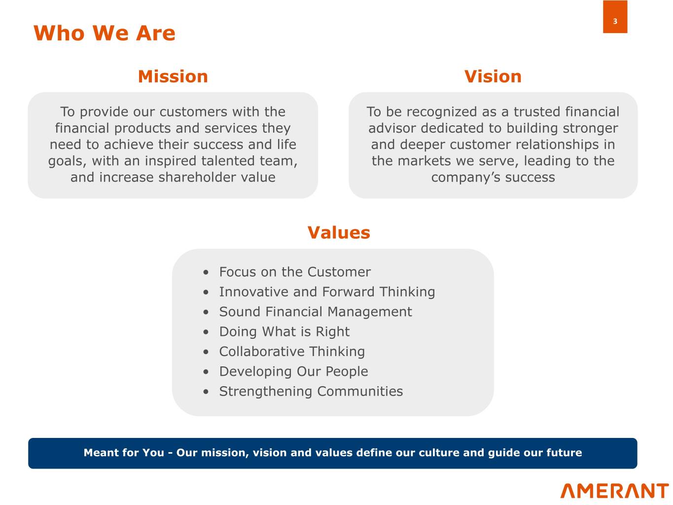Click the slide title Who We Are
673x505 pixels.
click(x=104, y=33)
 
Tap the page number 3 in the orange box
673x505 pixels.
click(x=615, y=21)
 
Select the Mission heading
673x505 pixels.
click(x=173, y=76)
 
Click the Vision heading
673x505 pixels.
click(x=493, y=76)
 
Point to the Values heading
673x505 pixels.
click(x=339, y=232)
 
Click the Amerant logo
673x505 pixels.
click(x=614, y=491)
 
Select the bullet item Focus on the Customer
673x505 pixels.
click(x=295, y=272)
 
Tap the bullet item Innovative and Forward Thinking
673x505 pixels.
click(x=327, y=292)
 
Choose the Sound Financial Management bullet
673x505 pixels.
click(x=316, y=312)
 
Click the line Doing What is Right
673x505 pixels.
click(x=284, y=332)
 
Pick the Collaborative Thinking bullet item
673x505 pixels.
click(x=292, y=352)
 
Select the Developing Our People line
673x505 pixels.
click(x=293, y=372)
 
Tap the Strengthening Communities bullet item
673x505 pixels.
click(x=311, y=392)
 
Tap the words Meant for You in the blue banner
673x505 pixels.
click(x=124, y=453)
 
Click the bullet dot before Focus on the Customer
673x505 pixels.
click(x=206, y=272)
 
